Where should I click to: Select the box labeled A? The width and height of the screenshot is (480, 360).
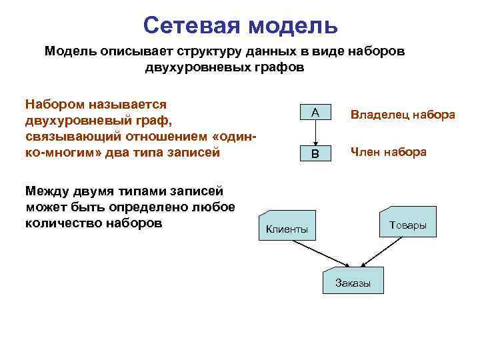point(314,113)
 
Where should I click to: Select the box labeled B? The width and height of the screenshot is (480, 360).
point(314,154)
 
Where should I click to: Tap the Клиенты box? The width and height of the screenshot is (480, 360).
point(287,227)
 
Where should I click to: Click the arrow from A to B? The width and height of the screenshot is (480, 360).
point(314,133)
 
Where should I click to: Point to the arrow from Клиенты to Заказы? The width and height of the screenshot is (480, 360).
point(317,251)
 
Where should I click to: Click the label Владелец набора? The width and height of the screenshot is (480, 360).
point(403,115)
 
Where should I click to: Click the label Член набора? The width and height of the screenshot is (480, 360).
point(389,152)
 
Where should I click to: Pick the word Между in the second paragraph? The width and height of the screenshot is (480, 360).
point(46,191)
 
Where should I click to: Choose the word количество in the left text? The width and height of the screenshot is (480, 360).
point(63,222)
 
